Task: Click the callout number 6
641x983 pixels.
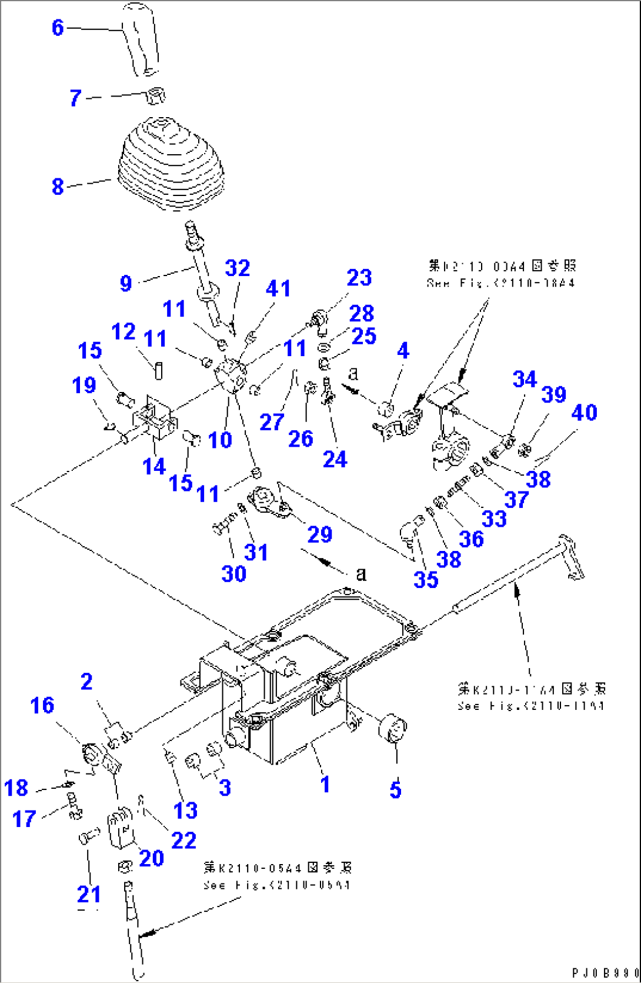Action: tap(57, 27)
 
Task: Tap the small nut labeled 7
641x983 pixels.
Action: tap(155, 95)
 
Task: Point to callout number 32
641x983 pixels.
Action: tap(238, 268)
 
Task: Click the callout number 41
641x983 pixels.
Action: tap(278, 288)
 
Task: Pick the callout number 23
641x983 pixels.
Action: tap(359, 278)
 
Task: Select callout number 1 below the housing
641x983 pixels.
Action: tap(325, 784)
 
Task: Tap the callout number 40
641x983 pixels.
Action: tap(584, 413)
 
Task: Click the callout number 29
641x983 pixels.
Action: tap(319, 534)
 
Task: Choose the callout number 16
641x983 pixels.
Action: tap(42, 705)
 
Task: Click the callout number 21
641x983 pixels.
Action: tap(89, 894)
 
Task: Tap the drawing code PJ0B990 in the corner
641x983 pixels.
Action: tap(605, 973)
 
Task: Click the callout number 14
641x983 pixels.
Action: tap(154, 466)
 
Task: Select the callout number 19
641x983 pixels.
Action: tap(84, 385)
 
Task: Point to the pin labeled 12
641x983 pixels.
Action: tap(158, 370)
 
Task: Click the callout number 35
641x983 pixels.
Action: tap(425, 579)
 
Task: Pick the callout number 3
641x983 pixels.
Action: tap(225, 788)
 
